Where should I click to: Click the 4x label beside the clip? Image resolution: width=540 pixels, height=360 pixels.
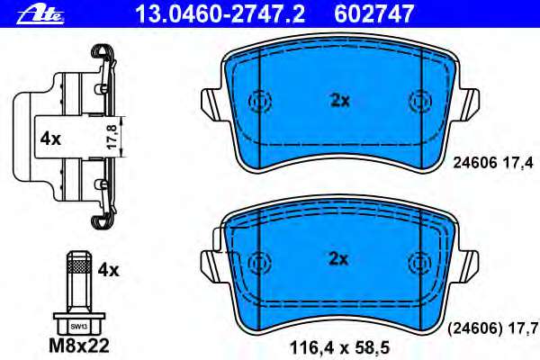click(49, 139)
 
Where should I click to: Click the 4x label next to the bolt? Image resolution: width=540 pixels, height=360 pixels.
click(108, 269)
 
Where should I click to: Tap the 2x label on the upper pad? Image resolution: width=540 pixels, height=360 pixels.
click(338, 102)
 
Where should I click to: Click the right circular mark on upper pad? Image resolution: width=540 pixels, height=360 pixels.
click(419, 102)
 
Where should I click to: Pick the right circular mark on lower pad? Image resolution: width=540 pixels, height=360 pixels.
click(419, 262)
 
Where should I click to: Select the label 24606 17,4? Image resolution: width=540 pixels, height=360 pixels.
click(493, 163)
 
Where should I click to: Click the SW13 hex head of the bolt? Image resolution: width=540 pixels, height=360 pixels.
click(78, 323)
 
